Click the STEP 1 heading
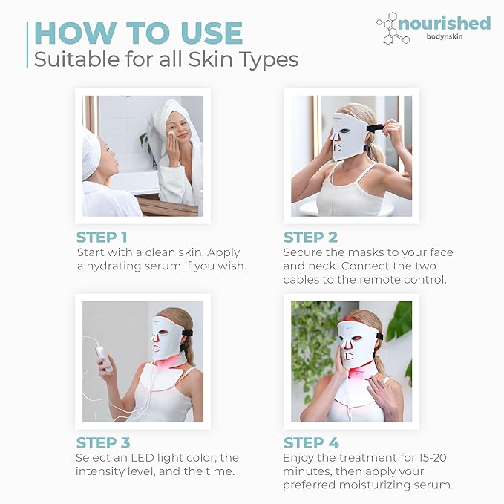(102, 238)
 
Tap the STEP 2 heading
(310, 238)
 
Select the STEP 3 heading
(103, 443)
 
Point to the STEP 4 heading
(311, 443)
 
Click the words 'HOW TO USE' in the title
(139, 33)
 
